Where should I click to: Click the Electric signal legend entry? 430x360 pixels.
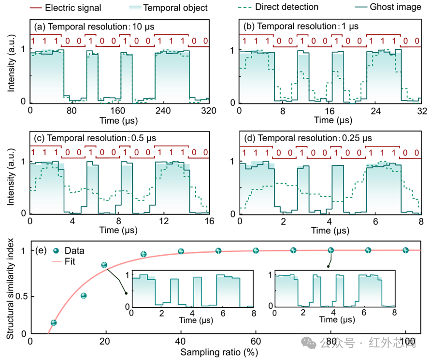click(x=65, y=8)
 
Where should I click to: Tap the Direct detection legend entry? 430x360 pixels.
click(x=278, y=7)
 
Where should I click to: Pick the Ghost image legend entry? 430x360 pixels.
click(x=388, y=7)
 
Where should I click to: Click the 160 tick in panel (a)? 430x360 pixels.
click(x=117, y=111)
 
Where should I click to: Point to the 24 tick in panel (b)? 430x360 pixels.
click(x=375, y=111)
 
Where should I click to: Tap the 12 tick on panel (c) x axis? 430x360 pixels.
click(x=164, y=221)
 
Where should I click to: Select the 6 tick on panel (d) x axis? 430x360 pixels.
click(x=375, y=221)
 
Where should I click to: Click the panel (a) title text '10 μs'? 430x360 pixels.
click(x=143, y=27)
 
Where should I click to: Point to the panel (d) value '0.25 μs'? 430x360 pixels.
click(x=357, y=138)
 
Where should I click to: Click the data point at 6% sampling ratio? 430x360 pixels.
click(x=54, y=323)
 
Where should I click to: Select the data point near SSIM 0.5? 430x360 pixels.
click(x=84, y=296)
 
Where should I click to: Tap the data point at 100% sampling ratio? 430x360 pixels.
click(x=405, y=250)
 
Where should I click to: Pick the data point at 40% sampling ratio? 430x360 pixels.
click(x=181, y=251)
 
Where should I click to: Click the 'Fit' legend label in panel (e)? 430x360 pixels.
click(x=70, y=261)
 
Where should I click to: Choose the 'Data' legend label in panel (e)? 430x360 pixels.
click(x=74, y=251)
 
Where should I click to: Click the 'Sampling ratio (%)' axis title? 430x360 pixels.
click(x=219, y=352)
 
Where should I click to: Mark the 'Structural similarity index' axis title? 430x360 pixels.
click(x=10, y=288)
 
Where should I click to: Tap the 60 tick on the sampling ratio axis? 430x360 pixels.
click(x=256, y=341)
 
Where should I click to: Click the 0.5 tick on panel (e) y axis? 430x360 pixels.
click(x=21, y=296)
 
